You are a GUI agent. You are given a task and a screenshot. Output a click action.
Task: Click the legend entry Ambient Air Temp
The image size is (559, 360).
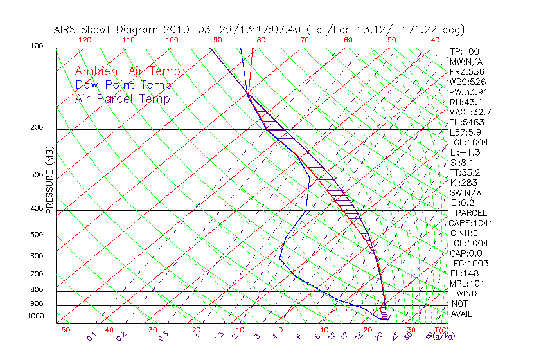[127, 71]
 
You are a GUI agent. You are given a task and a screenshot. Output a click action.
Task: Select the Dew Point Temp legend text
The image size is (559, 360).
[123, 85]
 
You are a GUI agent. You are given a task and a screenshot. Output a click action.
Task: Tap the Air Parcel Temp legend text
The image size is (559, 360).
[122, 98]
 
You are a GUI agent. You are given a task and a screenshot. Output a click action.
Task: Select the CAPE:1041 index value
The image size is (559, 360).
[469, 223]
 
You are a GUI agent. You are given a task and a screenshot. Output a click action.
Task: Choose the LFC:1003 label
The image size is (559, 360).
[469, 264]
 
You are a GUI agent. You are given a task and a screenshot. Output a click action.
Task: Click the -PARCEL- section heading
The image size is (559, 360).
[471, 213]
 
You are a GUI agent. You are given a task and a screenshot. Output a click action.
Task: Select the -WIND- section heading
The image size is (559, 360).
[466, 293]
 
